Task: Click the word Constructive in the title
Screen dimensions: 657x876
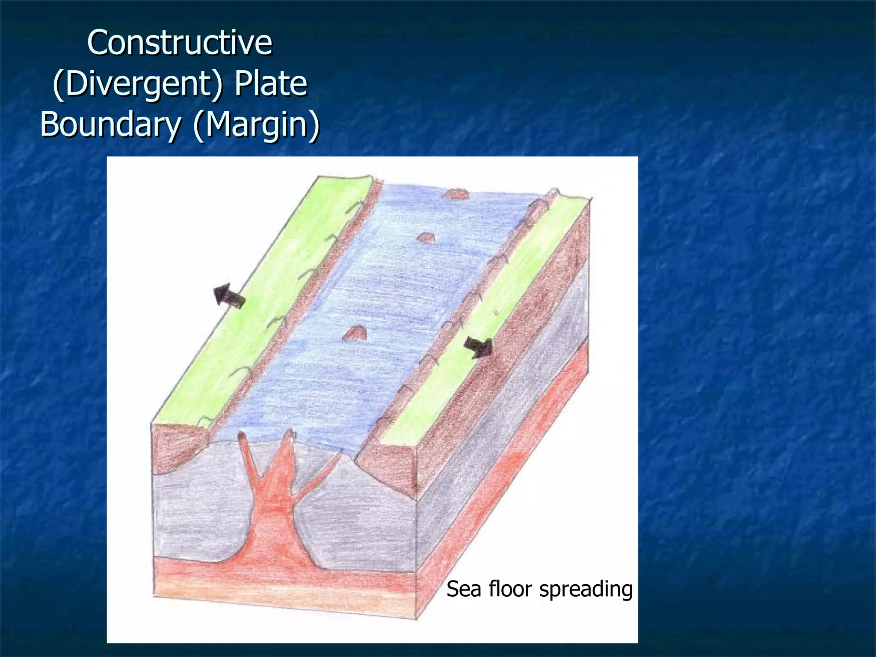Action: [180, 43]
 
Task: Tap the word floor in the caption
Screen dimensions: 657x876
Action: [511, 589]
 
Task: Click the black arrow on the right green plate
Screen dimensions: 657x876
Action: [479, 346]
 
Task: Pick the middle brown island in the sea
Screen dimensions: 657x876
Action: [426, 238]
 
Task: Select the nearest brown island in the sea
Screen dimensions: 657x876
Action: [355, 333]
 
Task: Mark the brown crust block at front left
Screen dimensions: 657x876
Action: [175, 449]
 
